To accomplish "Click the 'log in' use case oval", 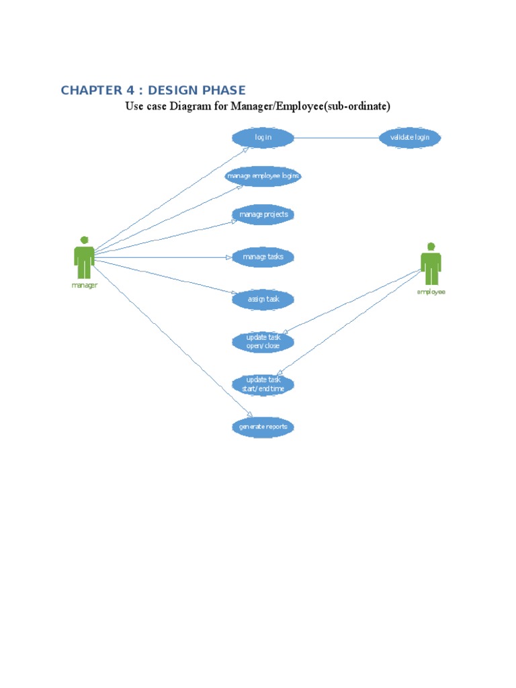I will click(x=263, y=138).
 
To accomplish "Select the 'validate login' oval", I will click(x=410, y=138).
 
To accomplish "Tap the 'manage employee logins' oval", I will click(x=263, y=177).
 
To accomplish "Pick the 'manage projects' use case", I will click(x=263, y=215).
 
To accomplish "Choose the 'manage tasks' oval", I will click(x=263, y=257).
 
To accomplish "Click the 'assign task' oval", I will click(x=263, y=299).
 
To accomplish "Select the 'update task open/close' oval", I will click(x=263, y=341).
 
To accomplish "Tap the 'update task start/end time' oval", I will click(x=263, y=384).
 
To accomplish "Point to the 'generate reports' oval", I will click(x=263, y=427).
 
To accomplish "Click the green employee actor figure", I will click(x=431, y=265).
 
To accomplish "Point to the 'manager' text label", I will click(x=84, y=285).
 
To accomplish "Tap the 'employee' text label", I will click(x=431, y=292).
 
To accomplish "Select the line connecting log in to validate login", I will click(x=336, y=138).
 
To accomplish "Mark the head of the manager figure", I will click(x=84, y=240).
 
